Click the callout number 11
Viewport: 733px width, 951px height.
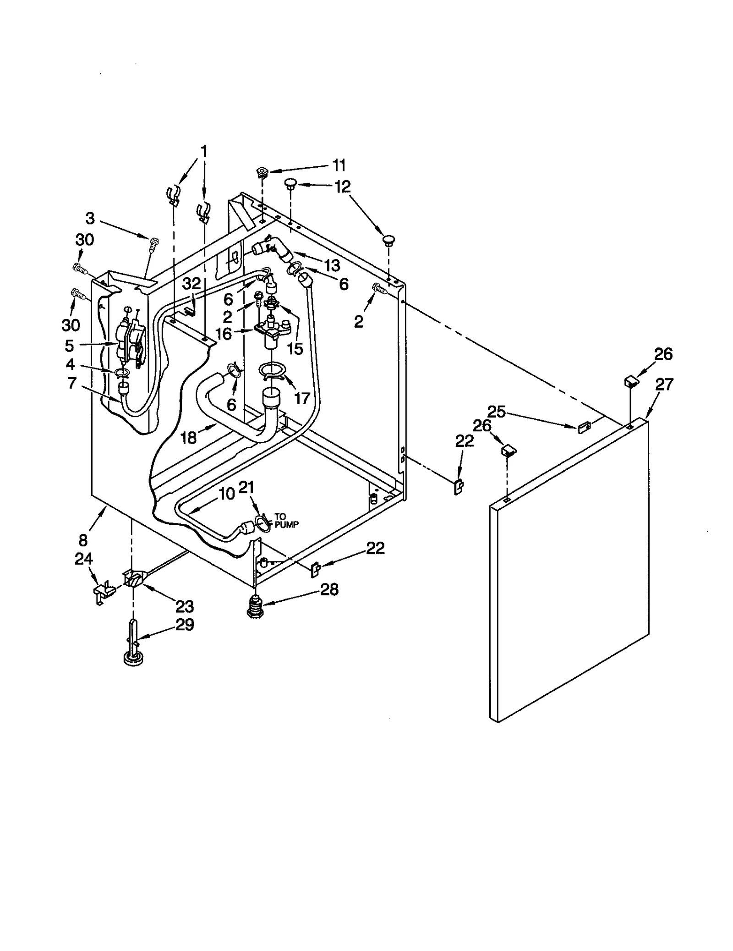pos(339,165)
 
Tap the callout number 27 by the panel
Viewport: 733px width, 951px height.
pos(664,384)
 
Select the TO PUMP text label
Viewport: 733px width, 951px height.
pos(286,521)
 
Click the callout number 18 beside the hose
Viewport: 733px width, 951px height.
pos(189,437)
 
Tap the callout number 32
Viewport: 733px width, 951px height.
pos(191,284)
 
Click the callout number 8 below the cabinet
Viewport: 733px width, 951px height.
pos(83,540)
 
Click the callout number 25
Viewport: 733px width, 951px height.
pos(496,412)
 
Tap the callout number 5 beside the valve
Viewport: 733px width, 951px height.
pos(69,345)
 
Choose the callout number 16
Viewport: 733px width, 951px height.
pos(224,334)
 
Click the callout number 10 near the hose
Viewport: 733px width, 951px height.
pos(226,494)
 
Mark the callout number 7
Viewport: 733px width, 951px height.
pos(71,383)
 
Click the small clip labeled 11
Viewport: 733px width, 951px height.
pos(262,173)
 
